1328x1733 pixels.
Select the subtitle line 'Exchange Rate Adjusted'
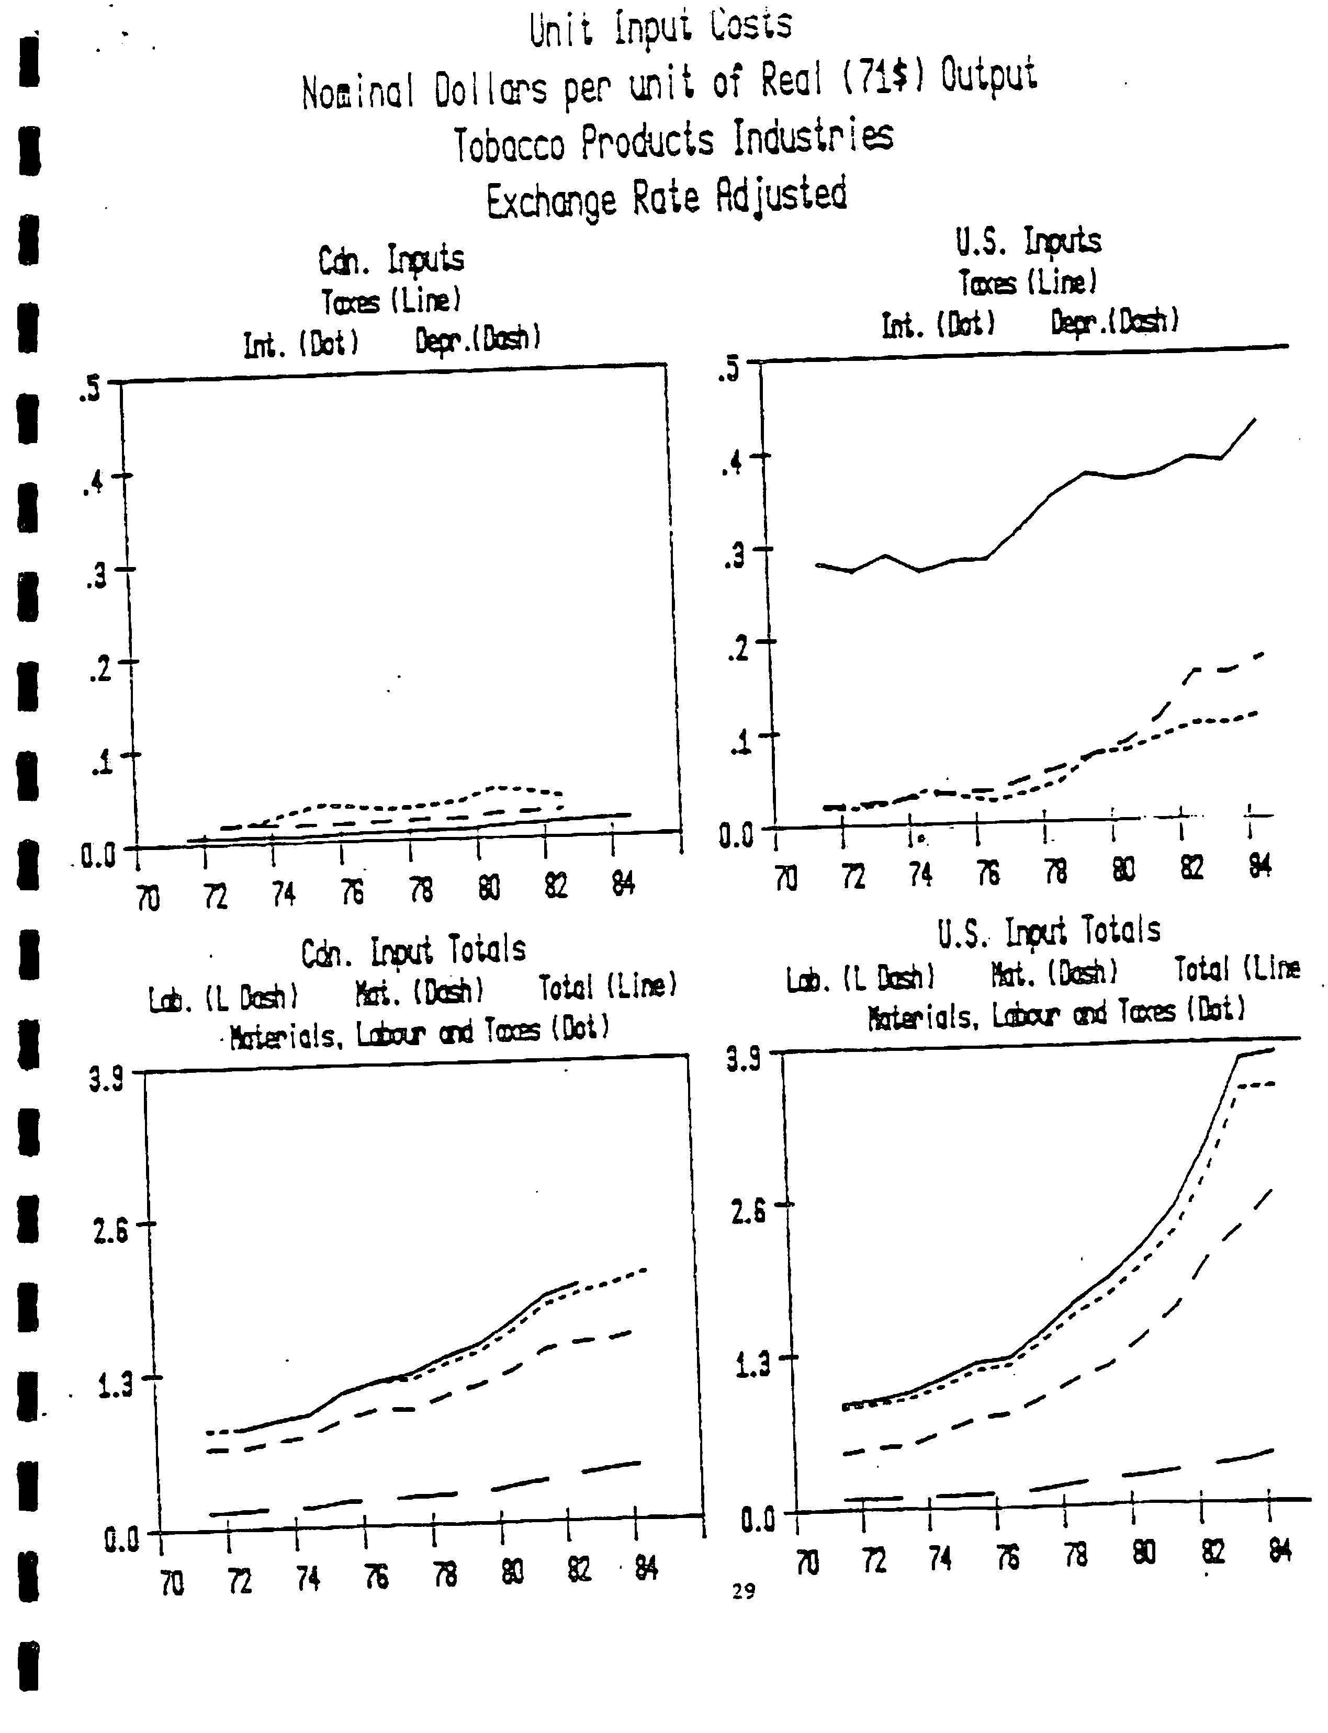coord(667,198)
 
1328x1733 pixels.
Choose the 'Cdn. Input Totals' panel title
coord(413,952)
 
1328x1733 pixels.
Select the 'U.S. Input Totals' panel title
coord(1049,931)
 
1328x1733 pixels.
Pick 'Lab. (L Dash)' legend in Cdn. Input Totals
coord(224,998)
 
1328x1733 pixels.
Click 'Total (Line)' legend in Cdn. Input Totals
coord(608,986)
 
